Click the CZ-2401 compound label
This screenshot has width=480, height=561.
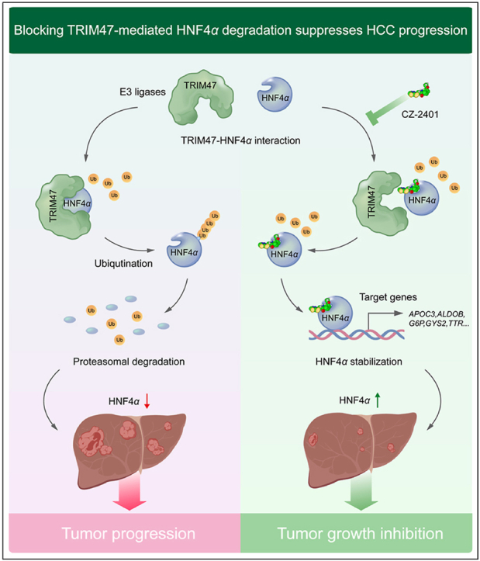[x=420, y=115]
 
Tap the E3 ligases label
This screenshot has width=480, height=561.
[x=143, y=92]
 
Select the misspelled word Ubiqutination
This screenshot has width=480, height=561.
[x=123, y=264]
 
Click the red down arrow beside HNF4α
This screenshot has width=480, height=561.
[x=147, y=401]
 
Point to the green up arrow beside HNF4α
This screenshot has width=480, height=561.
[x=378, y=400]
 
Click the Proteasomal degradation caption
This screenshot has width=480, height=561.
[x=129, y=362]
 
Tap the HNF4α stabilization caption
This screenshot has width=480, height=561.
[x=359, y=362]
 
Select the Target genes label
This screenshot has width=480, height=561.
[x=388, y=297]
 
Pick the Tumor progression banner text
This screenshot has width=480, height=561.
[x=129, y=533]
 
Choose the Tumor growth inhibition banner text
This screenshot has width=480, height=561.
[x=360, y=533]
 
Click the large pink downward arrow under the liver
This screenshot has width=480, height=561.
[x=129, y=491]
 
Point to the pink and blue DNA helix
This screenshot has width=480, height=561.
[x=357, y=334]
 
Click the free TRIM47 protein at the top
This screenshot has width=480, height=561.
[x=201, y=97]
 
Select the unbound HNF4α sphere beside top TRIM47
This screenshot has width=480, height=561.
[x=275, y=95]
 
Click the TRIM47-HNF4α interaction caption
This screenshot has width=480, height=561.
[x=240, y=140]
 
